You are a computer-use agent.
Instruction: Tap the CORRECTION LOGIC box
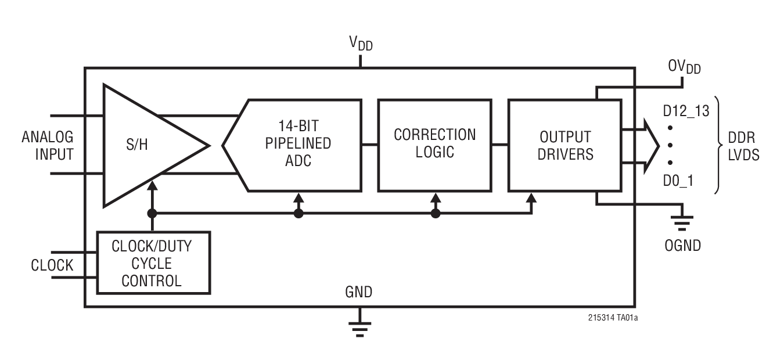click(x=434, y=145)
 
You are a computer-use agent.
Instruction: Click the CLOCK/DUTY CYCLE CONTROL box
click(x=153, y=264)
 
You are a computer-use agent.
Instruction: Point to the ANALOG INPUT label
click(x=48, y=146)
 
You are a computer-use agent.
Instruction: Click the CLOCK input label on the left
click(x=52, y=265)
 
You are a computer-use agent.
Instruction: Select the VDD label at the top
click(x=360, y=44)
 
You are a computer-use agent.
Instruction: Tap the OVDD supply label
click(x=684, y=67)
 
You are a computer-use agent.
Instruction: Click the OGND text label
click(x=682, y=246)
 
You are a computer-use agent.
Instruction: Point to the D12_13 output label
click(x=686, y=110)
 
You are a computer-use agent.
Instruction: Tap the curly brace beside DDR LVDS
click(x=718, y=145)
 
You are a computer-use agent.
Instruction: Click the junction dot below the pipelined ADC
click(x=299, y=214)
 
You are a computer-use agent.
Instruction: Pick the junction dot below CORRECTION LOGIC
click(x=436, y=214)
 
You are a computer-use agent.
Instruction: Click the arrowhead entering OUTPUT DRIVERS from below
click(x=531, y=198)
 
